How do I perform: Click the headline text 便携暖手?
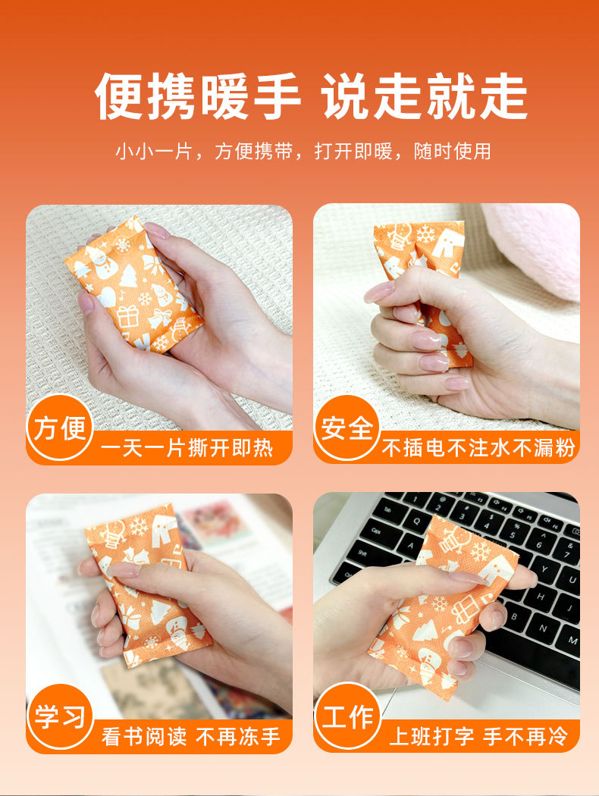(x=198, y=96)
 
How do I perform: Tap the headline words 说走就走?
(x=425, y=96)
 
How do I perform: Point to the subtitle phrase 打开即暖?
(x=353, y=152)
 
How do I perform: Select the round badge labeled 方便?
(x=60, y=428)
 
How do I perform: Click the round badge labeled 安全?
(x=347, y=428)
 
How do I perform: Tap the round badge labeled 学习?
(x=60, y=716)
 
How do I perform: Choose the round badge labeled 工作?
(x=347, y=716)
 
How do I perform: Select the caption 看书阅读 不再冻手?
(x=191, y=737)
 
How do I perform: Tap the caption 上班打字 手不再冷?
(x=478, y=737)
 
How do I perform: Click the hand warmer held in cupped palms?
(x=133, y=284)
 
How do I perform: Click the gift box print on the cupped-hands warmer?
(x=127, y=316)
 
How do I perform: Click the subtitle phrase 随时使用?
(x=453, y=152)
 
